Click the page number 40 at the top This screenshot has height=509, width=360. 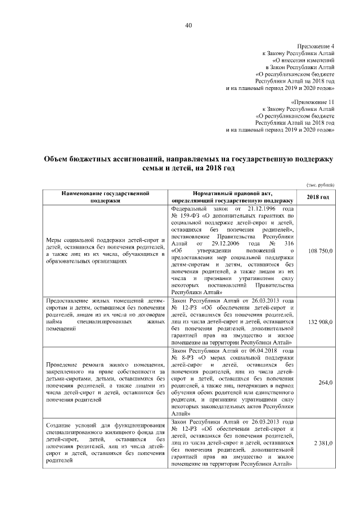[188, 24]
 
